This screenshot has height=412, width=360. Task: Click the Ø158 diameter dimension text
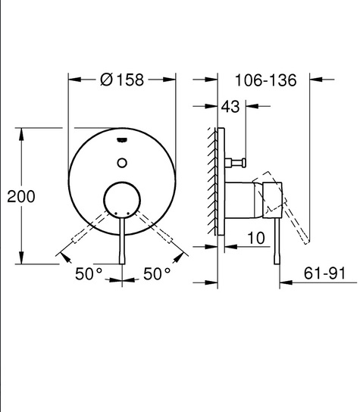tap(122, 80)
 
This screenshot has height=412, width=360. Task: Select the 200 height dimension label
tap(21, 196)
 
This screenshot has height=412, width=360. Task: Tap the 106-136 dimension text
tap(265, 80)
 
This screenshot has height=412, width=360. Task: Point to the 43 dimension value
tap(230, 107)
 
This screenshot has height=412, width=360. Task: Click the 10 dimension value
tap(256, 238)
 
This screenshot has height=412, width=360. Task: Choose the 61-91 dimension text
tap(324, 273)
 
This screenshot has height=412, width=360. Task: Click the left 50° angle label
tap(89, 274)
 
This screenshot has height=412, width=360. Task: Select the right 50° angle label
tap(157, 274)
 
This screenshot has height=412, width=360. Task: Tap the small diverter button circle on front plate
tap(122, 163)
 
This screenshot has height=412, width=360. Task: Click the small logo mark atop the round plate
tap(122, 140)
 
